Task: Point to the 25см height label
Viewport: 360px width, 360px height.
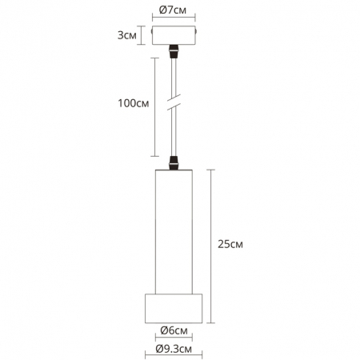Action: pyautogui.click(x=230, y=244)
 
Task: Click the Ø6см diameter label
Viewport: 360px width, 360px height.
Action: pyautogui.click(x=173, y=330)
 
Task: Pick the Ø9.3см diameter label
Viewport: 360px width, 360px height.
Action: pyautogui.click(x=173, y=350)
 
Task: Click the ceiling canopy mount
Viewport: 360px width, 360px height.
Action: pyautogui.click(x=173, y=37)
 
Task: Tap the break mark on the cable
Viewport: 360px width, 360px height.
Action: pyautogui.click(x=173, y=105)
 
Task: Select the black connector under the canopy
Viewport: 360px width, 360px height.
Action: pyautogui.click(x=173, y=53)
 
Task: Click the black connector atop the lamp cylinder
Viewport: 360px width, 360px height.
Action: pyautogui.click(x=173, y=165)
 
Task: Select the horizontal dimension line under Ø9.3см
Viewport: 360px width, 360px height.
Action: pyautogui.click(x=173, y=358)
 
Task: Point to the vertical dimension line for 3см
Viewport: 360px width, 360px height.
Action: pyautogui.click(x=142, y=36)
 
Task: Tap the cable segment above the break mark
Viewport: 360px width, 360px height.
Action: pyautogui.click(x=173, y=80)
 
